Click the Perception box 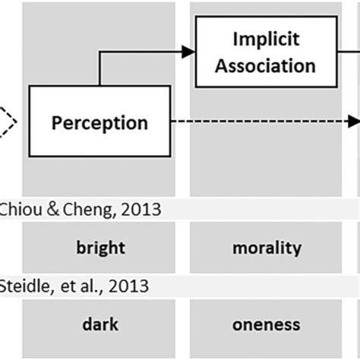99,122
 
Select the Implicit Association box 264,52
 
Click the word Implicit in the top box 264,39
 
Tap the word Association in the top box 264,65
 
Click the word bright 100,248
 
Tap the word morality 267,248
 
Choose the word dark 100,325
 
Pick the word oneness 267,325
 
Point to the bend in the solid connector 100,52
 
